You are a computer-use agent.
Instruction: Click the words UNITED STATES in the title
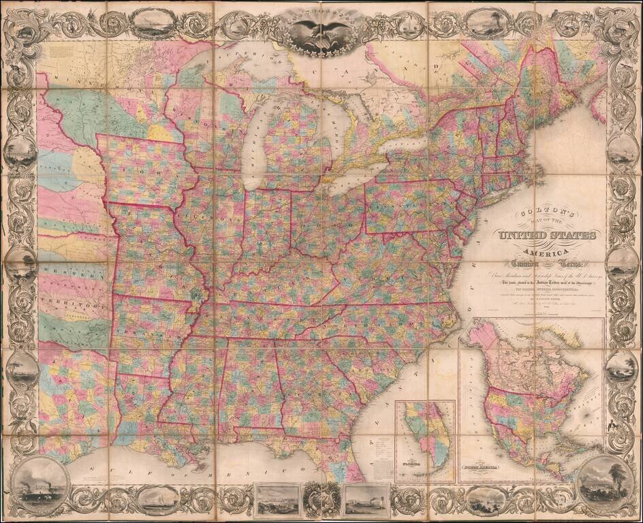coord(548,236)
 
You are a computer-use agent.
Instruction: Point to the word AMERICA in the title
coord(548,250)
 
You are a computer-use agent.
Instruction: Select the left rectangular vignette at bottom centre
coord(276,499)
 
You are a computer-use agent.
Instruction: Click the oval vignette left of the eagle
coord(152,25)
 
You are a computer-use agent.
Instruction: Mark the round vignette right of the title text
coord(622,262)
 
